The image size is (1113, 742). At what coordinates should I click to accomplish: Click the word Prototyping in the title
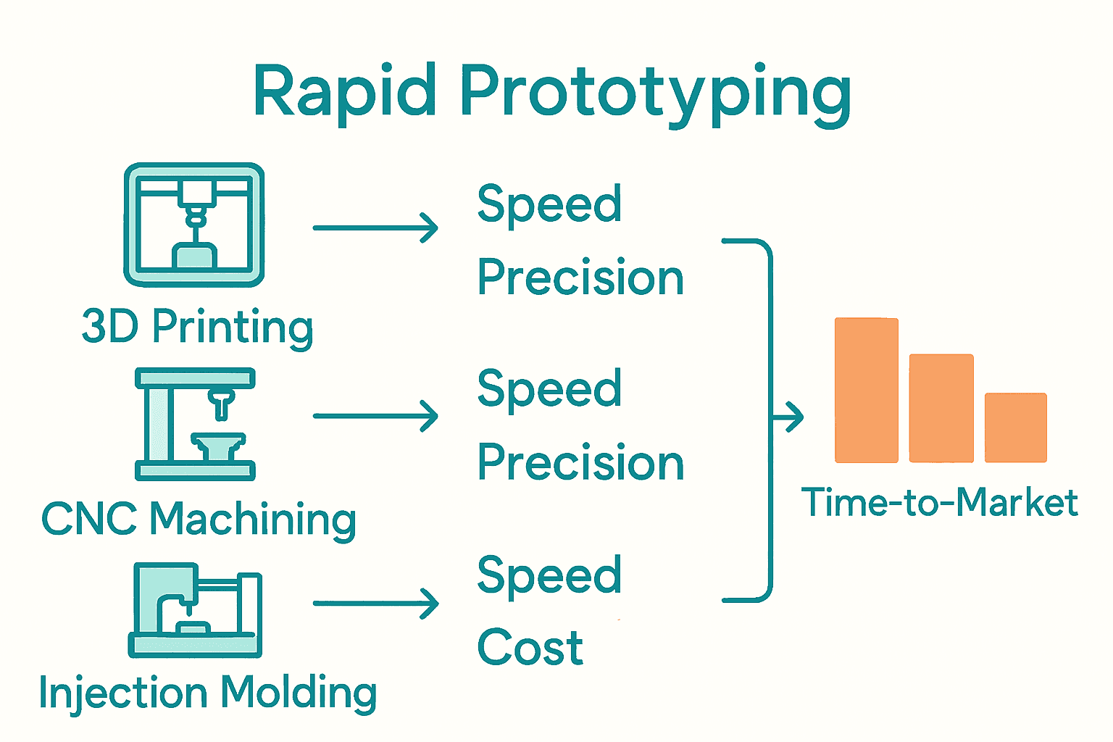[x=655, y=94]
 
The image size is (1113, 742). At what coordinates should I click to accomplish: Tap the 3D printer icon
[x=194, y=225]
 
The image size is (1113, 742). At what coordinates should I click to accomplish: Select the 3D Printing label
[x=197, y=327]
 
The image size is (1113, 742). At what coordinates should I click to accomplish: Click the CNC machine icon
[x=195, y=424]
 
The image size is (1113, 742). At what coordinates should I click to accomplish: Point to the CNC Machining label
[x=199, y=519]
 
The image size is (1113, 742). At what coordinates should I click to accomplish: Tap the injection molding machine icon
[x=195, y=610]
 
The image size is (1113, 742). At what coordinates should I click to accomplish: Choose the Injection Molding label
[x=208, y=692]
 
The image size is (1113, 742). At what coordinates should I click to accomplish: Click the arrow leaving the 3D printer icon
[x=375, y=228]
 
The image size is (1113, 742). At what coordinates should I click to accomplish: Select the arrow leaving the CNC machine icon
[x=375, y=416]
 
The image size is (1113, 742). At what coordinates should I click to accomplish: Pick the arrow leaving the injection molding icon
[x=375, y=603]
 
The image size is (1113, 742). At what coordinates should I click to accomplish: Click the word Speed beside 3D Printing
[x=549, y=204]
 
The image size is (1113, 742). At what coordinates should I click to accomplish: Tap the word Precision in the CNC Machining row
[x=580, y=462]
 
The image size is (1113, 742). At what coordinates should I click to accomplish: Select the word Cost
[x=530, y=647]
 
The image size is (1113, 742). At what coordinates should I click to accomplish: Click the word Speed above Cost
[x=549, y=575]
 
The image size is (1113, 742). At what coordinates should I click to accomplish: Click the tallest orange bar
[x=866, y=390]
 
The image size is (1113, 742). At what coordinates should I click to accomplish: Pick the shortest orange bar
[x=1015, y=428]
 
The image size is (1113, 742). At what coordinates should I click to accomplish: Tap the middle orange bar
[x=941, y=408]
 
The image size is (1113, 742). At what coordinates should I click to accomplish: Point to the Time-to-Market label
[x=939, y=502]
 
